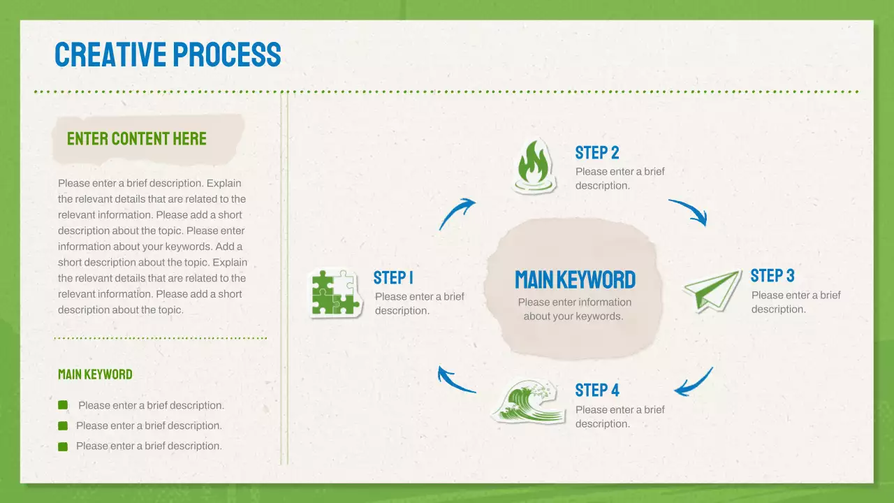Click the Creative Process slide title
tap(168, 54)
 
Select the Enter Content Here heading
tap(137, 138)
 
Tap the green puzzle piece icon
tap(336, 293)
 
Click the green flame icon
tap(534, 166)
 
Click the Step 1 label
tap(393, 278)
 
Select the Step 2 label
tap(597, 153)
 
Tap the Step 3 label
tap(772, 275)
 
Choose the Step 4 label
tap(597, 390)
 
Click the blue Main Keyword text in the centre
tap(575, 280)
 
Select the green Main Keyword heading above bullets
tap(95, 374)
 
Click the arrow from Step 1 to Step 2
tap(457, 213)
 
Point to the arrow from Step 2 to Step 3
tap(689, 212)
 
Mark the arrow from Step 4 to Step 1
tap(455, 380)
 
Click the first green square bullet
tap(63, 405)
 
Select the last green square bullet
tap(63, 446)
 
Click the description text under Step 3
tap(796, 302)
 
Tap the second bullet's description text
tap(149, 425)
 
